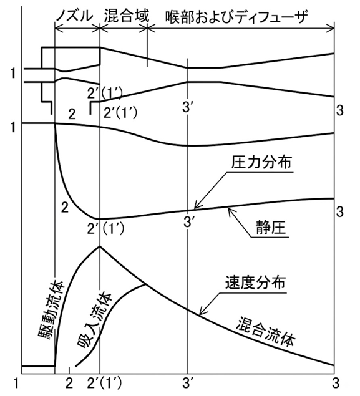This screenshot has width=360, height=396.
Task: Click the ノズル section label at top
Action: click(x=75, y=16)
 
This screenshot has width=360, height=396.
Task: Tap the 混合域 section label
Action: click(x=127, y=16)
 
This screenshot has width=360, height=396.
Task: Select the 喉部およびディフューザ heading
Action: click(x=237, y=17)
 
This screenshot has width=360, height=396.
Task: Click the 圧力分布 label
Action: click(x=261, y=162)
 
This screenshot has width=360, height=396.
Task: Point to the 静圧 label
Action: click(x=270, y=227)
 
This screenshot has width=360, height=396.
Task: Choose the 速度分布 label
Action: click(x=255, y=283)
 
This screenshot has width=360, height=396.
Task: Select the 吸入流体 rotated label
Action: click(x=95, y=319)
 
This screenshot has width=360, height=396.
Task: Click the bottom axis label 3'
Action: click(x=187, y=384)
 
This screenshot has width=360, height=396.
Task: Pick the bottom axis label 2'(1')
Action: click(x=104, y=384)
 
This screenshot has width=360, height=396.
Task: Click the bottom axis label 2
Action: click(x=69, y=384)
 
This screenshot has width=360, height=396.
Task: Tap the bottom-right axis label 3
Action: click(x=336, y=384)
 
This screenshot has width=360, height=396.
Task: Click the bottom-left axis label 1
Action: click(x=16, y=384)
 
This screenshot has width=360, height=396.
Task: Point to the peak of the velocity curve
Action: click(x=100, y=246)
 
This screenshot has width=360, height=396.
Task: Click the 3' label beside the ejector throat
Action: click(x=188, y=107)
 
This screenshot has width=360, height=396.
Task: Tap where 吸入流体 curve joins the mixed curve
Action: click(x=145, y=285)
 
